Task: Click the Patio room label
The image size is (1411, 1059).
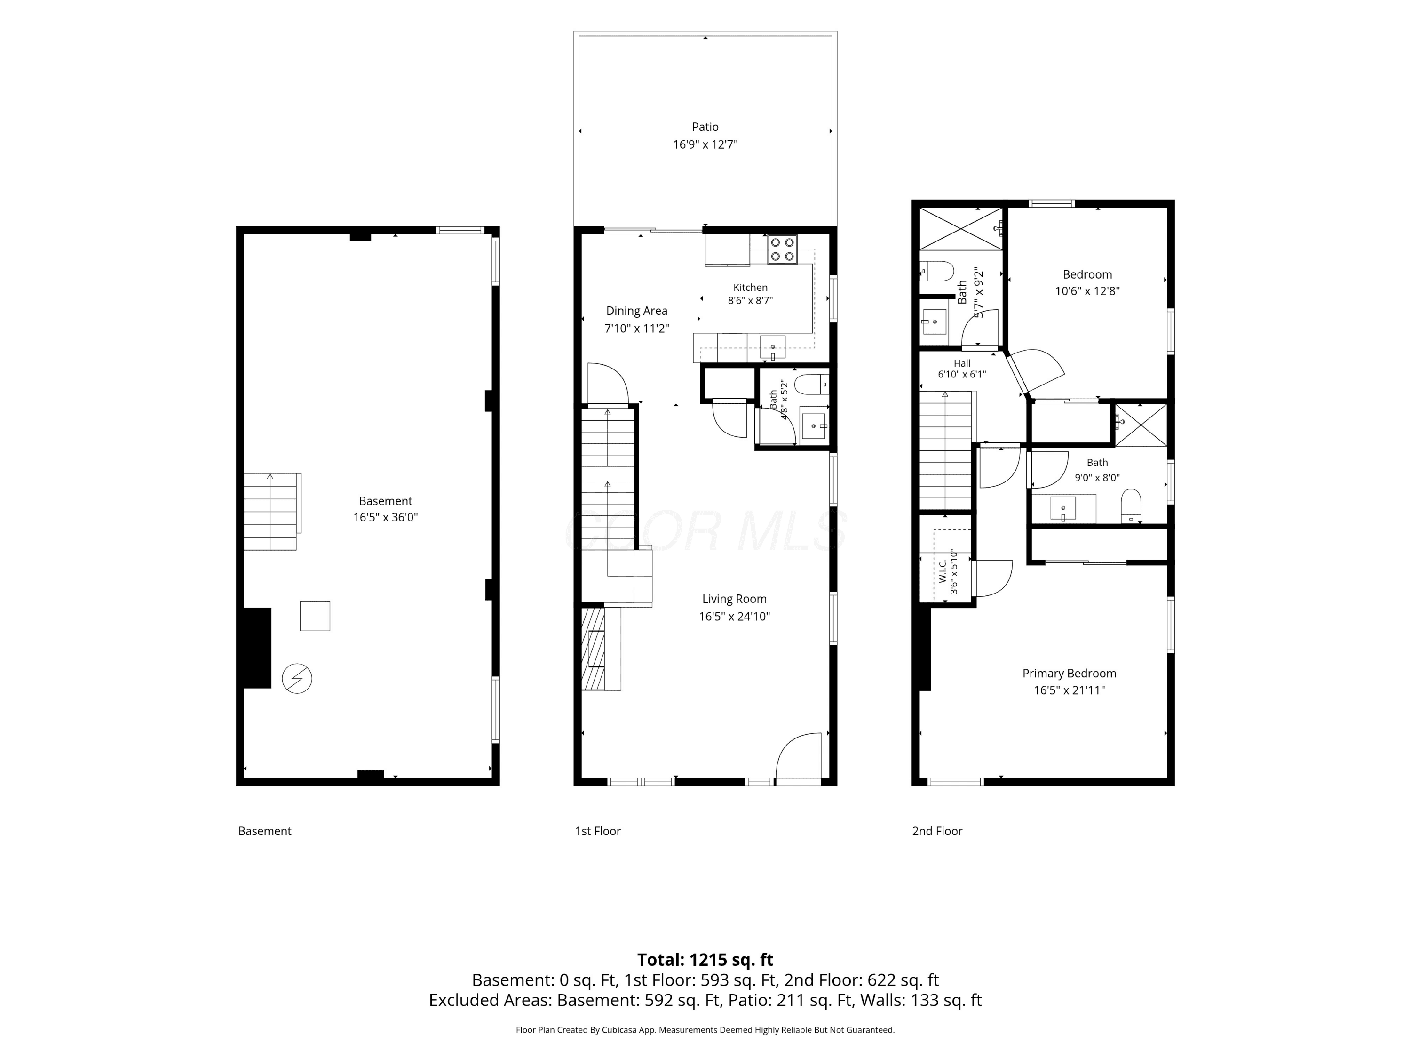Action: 705,127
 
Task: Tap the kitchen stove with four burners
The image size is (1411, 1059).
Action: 783,249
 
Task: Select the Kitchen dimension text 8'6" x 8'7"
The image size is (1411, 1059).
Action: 750,301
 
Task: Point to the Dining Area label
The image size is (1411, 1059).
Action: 637,311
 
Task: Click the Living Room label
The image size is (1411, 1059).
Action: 734,599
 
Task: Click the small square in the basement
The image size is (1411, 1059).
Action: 315,616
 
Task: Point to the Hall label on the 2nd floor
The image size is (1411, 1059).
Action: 962,363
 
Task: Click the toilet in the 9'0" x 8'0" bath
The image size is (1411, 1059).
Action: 1131,506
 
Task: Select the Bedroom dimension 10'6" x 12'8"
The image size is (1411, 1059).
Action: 1087,291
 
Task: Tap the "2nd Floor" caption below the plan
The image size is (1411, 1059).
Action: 937,831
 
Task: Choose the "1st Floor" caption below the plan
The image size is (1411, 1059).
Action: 598,831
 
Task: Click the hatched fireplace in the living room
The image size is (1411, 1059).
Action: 593,649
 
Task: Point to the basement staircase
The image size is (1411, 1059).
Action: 270,511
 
